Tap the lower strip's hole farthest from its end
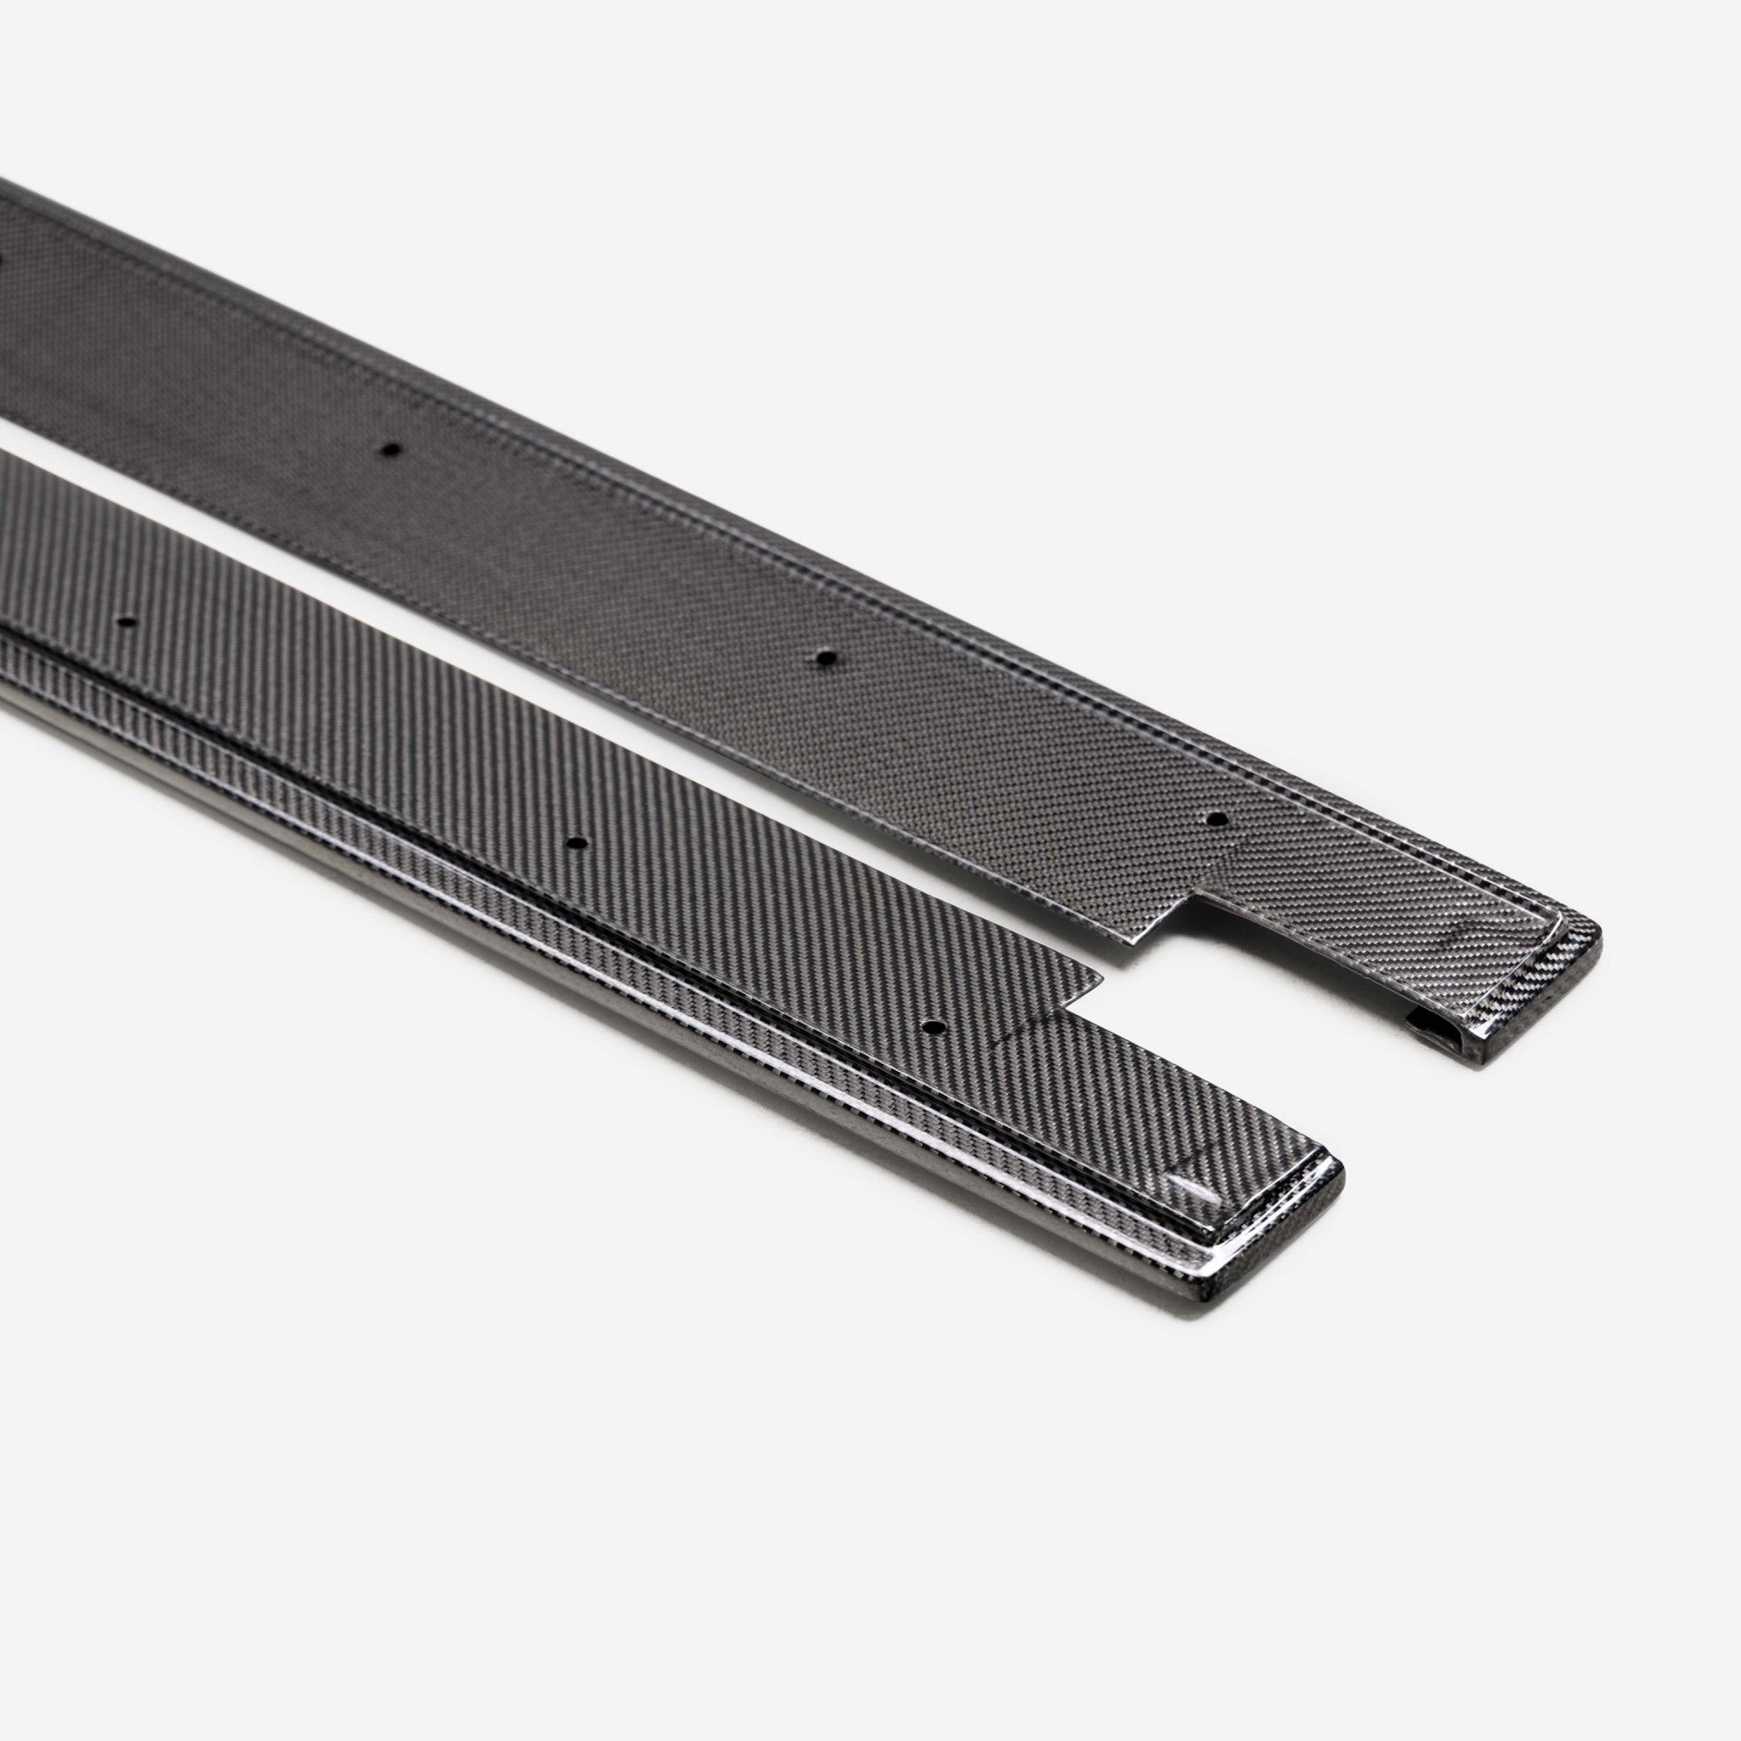tap(126, 622)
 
